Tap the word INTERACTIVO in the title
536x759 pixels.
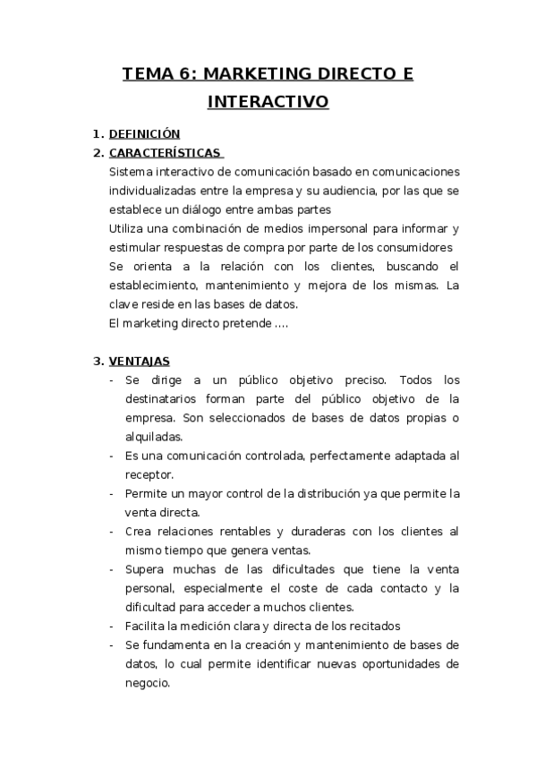(x=268, y=102)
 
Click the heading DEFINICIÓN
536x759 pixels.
(x=144, y=133)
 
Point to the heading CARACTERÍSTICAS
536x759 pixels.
(x=165, y=152)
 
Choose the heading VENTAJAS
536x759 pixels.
(x=140, y=362)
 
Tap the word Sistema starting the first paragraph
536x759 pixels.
(x=131, y=172)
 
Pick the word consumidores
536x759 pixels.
(x=410, y=247)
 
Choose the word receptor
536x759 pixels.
(x=149, y=474)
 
